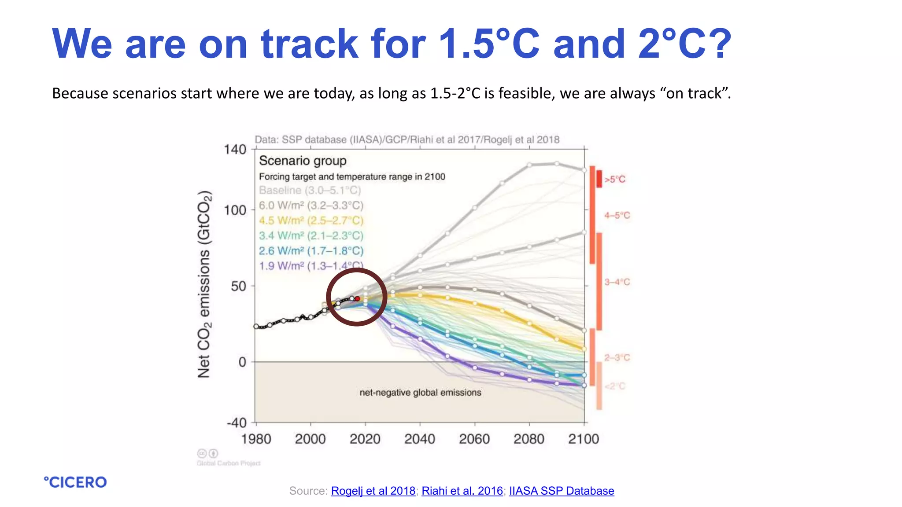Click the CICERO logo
point(75,482)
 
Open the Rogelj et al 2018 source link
point(373,491)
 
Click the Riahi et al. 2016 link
point(462,491)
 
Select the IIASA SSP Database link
point(562,491)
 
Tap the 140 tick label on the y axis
point(235,150)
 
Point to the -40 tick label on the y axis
point(237,423)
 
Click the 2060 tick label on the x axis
point(474,439)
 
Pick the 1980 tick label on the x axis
point(256,439)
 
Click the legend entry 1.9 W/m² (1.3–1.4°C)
point(311,266)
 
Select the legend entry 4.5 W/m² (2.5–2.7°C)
point(311,220)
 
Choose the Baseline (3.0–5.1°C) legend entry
point(310,190)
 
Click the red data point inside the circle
point(357,299)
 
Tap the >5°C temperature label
point(614,180)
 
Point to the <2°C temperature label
point(615,386)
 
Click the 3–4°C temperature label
point(617,282)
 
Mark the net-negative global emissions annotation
point(420,393)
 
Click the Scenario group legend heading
point(303,161)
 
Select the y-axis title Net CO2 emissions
point(204,284)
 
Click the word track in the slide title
point(309,44)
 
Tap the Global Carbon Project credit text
point(229,463)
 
